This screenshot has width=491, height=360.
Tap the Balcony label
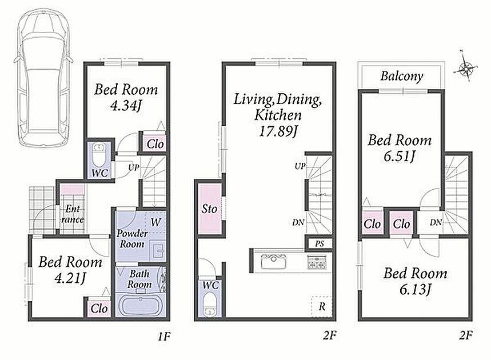402,76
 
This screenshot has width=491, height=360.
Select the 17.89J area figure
278,130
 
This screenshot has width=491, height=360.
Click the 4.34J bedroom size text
126,106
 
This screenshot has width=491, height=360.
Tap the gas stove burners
317,262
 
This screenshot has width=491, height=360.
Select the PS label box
319,243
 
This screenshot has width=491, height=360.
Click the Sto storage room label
209,209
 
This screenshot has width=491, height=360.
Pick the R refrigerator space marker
322,306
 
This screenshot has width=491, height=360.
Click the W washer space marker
155,222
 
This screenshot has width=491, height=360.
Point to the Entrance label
73,214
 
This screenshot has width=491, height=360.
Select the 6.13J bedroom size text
415,290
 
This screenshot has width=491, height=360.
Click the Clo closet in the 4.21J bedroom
99,309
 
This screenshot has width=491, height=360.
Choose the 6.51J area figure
399,156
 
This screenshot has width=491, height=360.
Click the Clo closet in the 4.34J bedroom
155,145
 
